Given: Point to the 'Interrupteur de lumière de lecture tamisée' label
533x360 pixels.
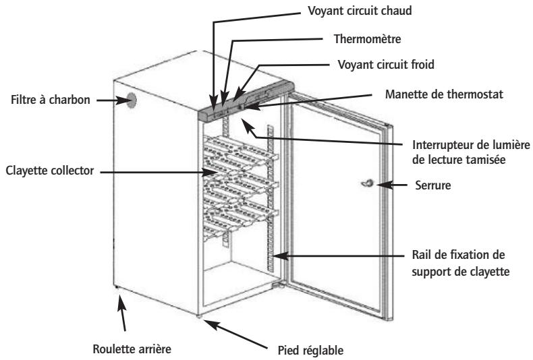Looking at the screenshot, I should (471, 152).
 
